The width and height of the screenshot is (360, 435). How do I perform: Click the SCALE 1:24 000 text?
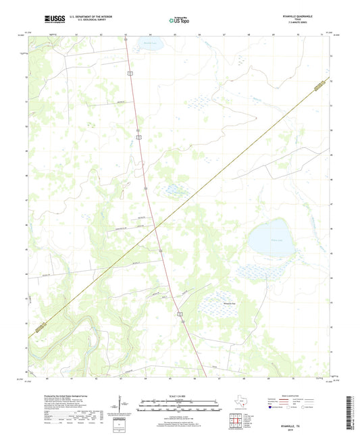point(179,396)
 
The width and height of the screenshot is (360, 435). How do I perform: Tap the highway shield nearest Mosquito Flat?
point(180,314)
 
